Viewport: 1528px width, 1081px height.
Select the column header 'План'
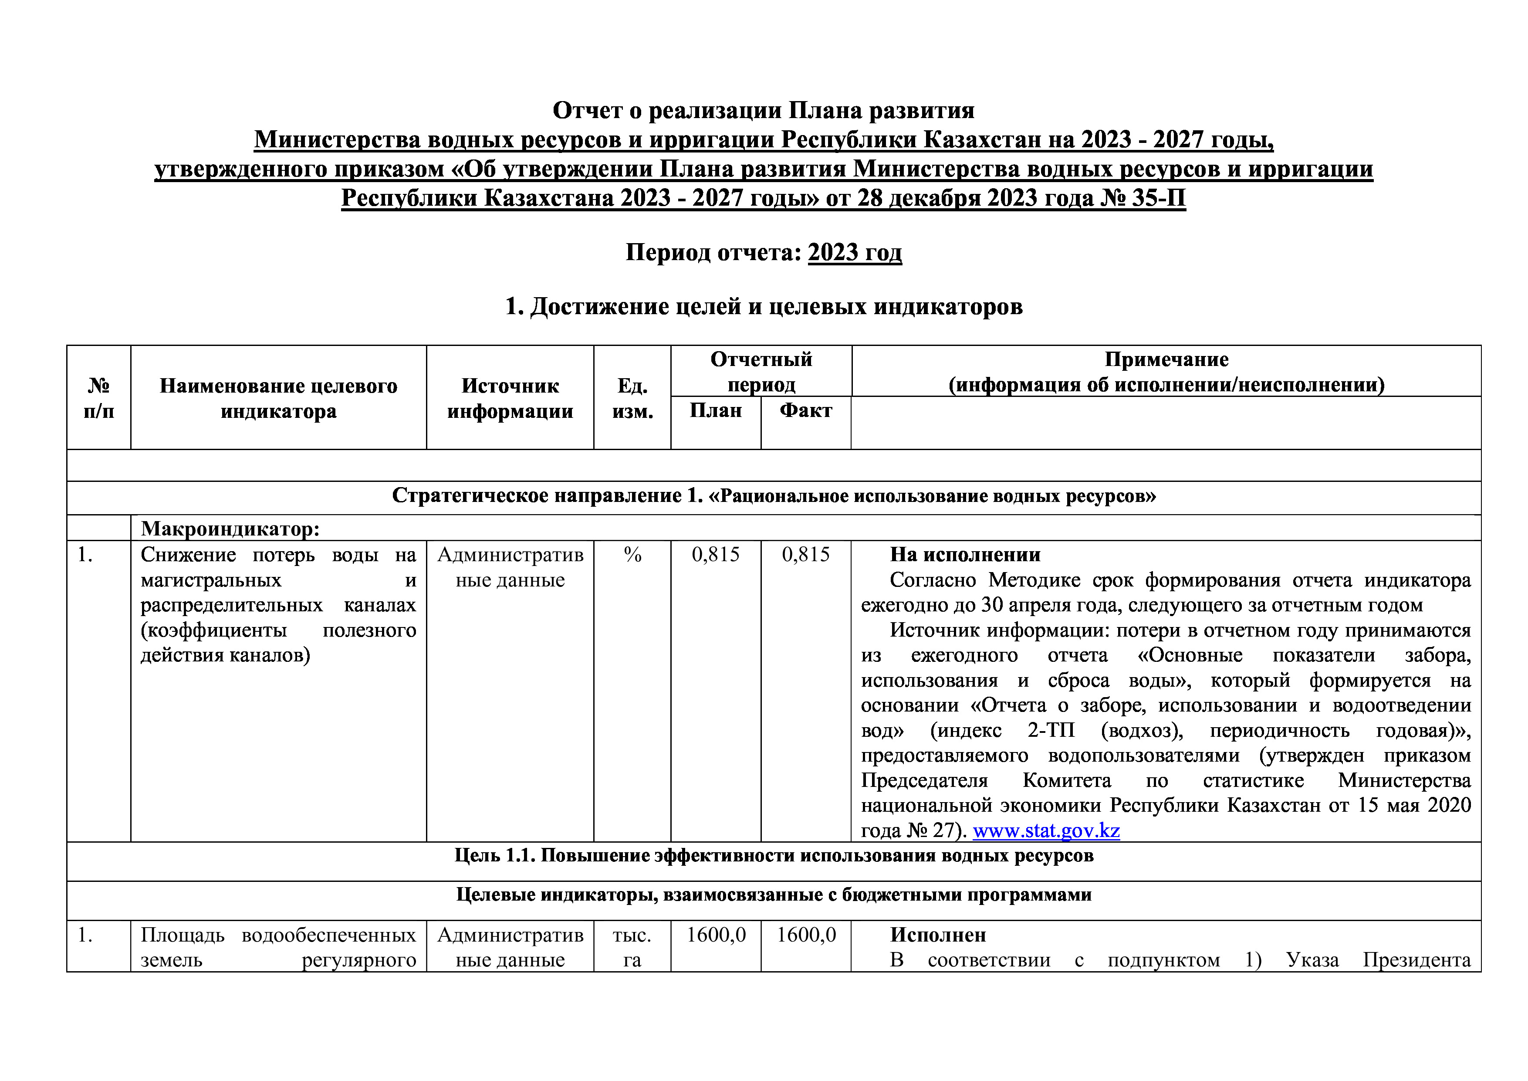click(x=715, y=411)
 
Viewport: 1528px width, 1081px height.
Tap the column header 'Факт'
click(x=805, y=411)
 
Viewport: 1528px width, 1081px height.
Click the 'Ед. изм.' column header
click(x=632, y=398)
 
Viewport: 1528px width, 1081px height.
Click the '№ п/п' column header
click(x=98, y=398)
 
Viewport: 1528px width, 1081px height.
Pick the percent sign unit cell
click(x=632, y=555)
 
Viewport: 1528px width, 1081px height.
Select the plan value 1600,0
click(x=715, y=935)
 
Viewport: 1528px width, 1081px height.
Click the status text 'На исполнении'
click(x=965, y=555)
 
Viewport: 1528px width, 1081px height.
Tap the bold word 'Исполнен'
click(x=938, y=935)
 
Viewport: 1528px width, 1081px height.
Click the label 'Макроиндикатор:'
click(x=230, y=529)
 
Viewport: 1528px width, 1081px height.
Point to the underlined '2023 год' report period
click(x=855, y=253)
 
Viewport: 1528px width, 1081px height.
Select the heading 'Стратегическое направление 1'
click(x=547, y=496)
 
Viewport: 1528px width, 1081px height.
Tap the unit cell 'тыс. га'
click(x=632, y=947)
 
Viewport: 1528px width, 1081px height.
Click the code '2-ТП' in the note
click(x=1051, y=731)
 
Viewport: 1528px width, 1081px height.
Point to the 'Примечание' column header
click(x=1166, y=359)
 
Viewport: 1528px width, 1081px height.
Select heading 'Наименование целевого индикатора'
click(x=278, y=398)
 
